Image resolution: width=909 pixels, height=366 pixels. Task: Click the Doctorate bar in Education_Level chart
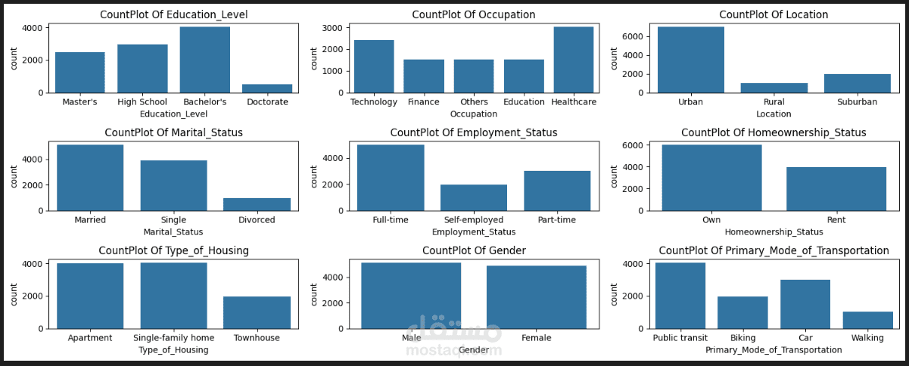(x=267, y=88)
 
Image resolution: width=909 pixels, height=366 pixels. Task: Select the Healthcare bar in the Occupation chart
(x=574, y=60)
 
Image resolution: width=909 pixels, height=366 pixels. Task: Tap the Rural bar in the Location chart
(x=774, y=88)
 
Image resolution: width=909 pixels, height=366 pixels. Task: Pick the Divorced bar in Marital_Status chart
(x=257, y=204)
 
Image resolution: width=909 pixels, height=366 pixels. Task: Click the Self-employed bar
(x=474, y=197)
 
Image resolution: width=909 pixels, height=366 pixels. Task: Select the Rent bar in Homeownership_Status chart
(x=836, y=188)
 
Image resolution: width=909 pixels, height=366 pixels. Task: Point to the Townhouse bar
(x=257, y=312)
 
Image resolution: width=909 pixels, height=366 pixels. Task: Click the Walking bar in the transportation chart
(x=867, y=320)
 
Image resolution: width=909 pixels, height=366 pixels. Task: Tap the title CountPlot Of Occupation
(x=474, y=14)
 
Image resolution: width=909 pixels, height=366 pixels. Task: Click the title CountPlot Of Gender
(x=474, y=250)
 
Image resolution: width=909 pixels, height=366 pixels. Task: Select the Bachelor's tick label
(x=204, y=102)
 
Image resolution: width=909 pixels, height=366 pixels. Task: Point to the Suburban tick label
(x=858, y=102)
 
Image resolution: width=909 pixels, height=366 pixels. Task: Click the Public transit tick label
(x=680, y=338)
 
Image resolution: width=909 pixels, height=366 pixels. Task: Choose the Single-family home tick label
(x=173, y=338)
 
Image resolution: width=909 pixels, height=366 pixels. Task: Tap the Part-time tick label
(x=558, y=220)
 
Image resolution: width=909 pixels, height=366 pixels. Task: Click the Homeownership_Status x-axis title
(x=774, y=232)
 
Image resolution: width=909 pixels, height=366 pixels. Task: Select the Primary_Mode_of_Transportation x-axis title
(x=774, y=350)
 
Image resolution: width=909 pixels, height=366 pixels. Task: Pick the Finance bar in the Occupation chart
(x=424, y=76)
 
